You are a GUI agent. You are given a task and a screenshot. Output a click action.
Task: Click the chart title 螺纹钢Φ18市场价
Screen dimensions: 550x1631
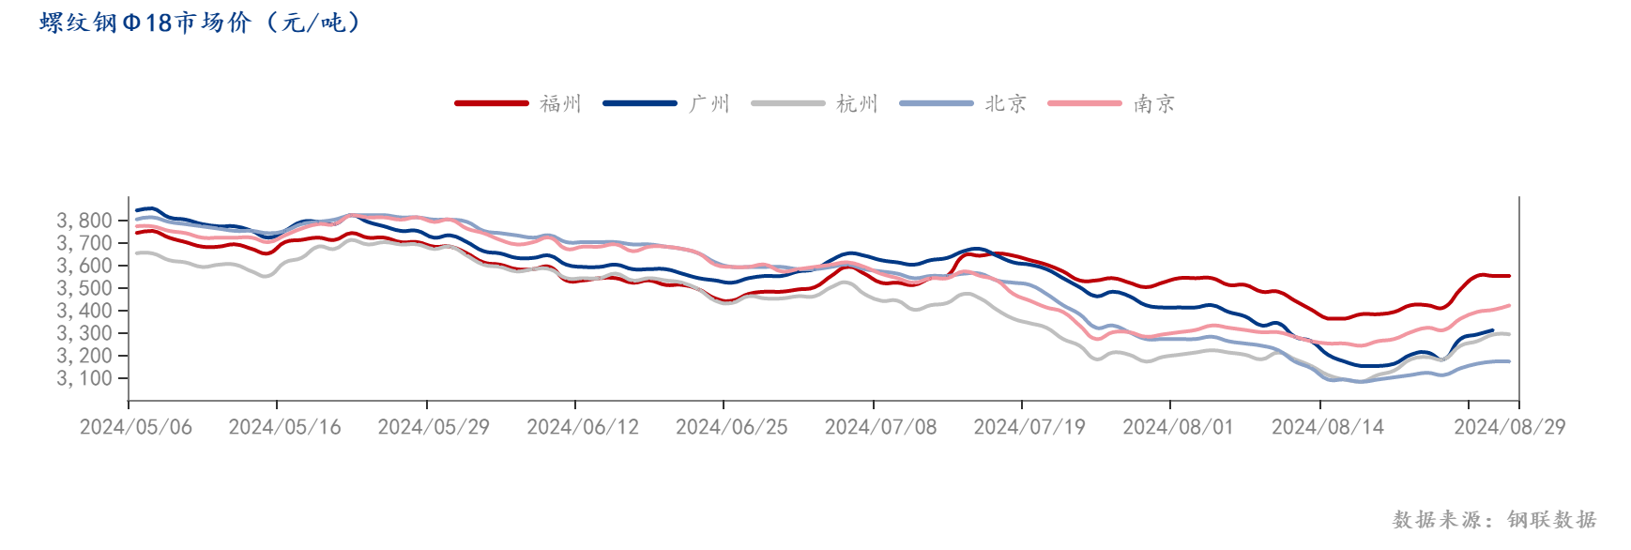[199, 23]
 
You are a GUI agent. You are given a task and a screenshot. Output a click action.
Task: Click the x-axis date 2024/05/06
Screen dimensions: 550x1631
[136, 427]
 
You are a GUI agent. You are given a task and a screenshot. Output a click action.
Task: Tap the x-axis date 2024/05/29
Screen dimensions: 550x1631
[434, 427]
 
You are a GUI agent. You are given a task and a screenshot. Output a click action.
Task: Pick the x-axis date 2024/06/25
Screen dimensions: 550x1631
[732, 427]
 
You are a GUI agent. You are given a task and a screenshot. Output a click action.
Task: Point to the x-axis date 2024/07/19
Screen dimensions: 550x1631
[1029, 427]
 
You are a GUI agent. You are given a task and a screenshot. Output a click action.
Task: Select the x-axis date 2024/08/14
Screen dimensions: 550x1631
[1327, 427]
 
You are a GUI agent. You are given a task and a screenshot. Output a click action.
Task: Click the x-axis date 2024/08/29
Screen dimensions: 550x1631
[1510, 427]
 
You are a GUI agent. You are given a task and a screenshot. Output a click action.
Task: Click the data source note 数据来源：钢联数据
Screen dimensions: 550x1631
[1494, 519]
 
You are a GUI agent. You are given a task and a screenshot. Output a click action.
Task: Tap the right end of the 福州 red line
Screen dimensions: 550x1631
[1509, 276]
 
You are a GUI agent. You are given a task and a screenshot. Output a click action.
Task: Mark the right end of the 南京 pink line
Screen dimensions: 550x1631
[1509, 305]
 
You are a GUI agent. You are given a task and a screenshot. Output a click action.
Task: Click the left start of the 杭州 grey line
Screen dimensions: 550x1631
[137, 252]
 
